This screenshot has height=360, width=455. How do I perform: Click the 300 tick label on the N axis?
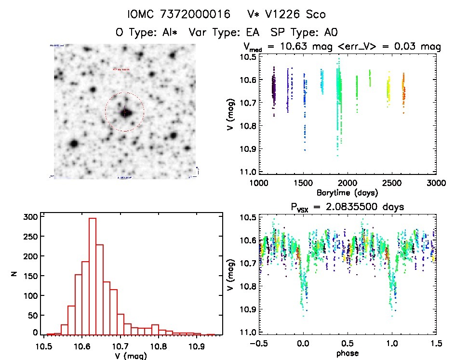(30, 217)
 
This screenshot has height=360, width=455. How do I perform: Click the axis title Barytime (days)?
(347, 193)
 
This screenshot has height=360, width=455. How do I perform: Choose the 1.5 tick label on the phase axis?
(436, 344)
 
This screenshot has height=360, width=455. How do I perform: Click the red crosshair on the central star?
(125, 112)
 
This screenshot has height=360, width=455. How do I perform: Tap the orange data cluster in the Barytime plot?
(403, 87)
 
